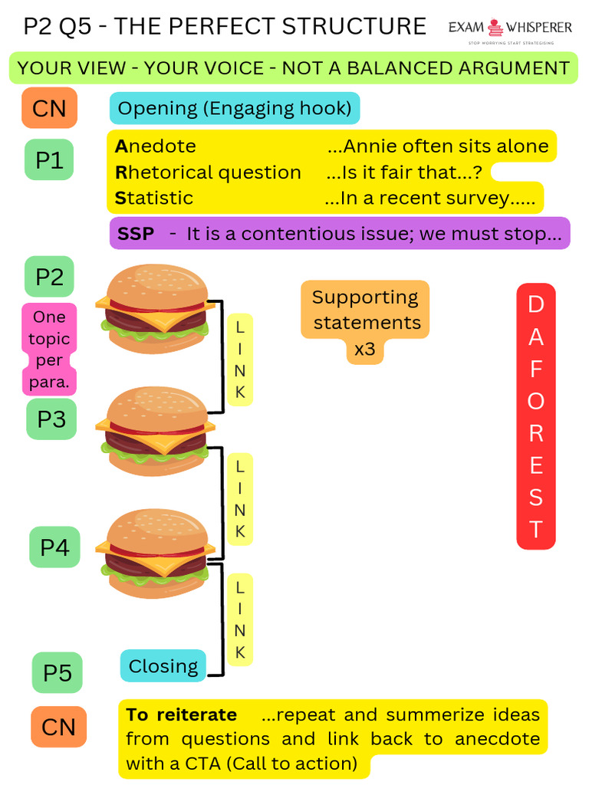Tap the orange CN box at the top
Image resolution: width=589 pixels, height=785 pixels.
coord(49,107)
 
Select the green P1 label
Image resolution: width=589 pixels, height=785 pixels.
coord(49,159)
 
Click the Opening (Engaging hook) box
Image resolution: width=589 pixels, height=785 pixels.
coord(235,108)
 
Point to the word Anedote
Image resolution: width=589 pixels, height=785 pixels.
coord(156,146)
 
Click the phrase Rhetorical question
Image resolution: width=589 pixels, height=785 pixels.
coord(208,172)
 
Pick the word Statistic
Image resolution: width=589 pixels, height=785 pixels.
coord(154,198)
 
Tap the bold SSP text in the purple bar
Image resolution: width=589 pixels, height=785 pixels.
coord(136,234)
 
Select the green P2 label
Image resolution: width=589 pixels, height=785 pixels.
coord(49,276)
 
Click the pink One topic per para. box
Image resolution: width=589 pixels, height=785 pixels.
coord(49,349)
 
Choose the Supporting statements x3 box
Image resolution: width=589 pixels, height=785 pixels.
coord(365,322)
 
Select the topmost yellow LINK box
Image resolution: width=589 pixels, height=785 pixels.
coord(240,359)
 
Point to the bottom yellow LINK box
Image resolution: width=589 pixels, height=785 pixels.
coord(240,619)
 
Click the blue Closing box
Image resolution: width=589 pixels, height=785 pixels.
coord(163,665)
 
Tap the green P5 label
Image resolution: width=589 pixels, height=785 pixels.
coord(57,672)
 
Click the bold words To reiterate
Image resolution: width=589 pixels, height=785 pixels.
coord(181,714)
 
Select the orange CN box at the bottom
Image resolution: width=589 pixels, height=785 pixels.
coord(58,727)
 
